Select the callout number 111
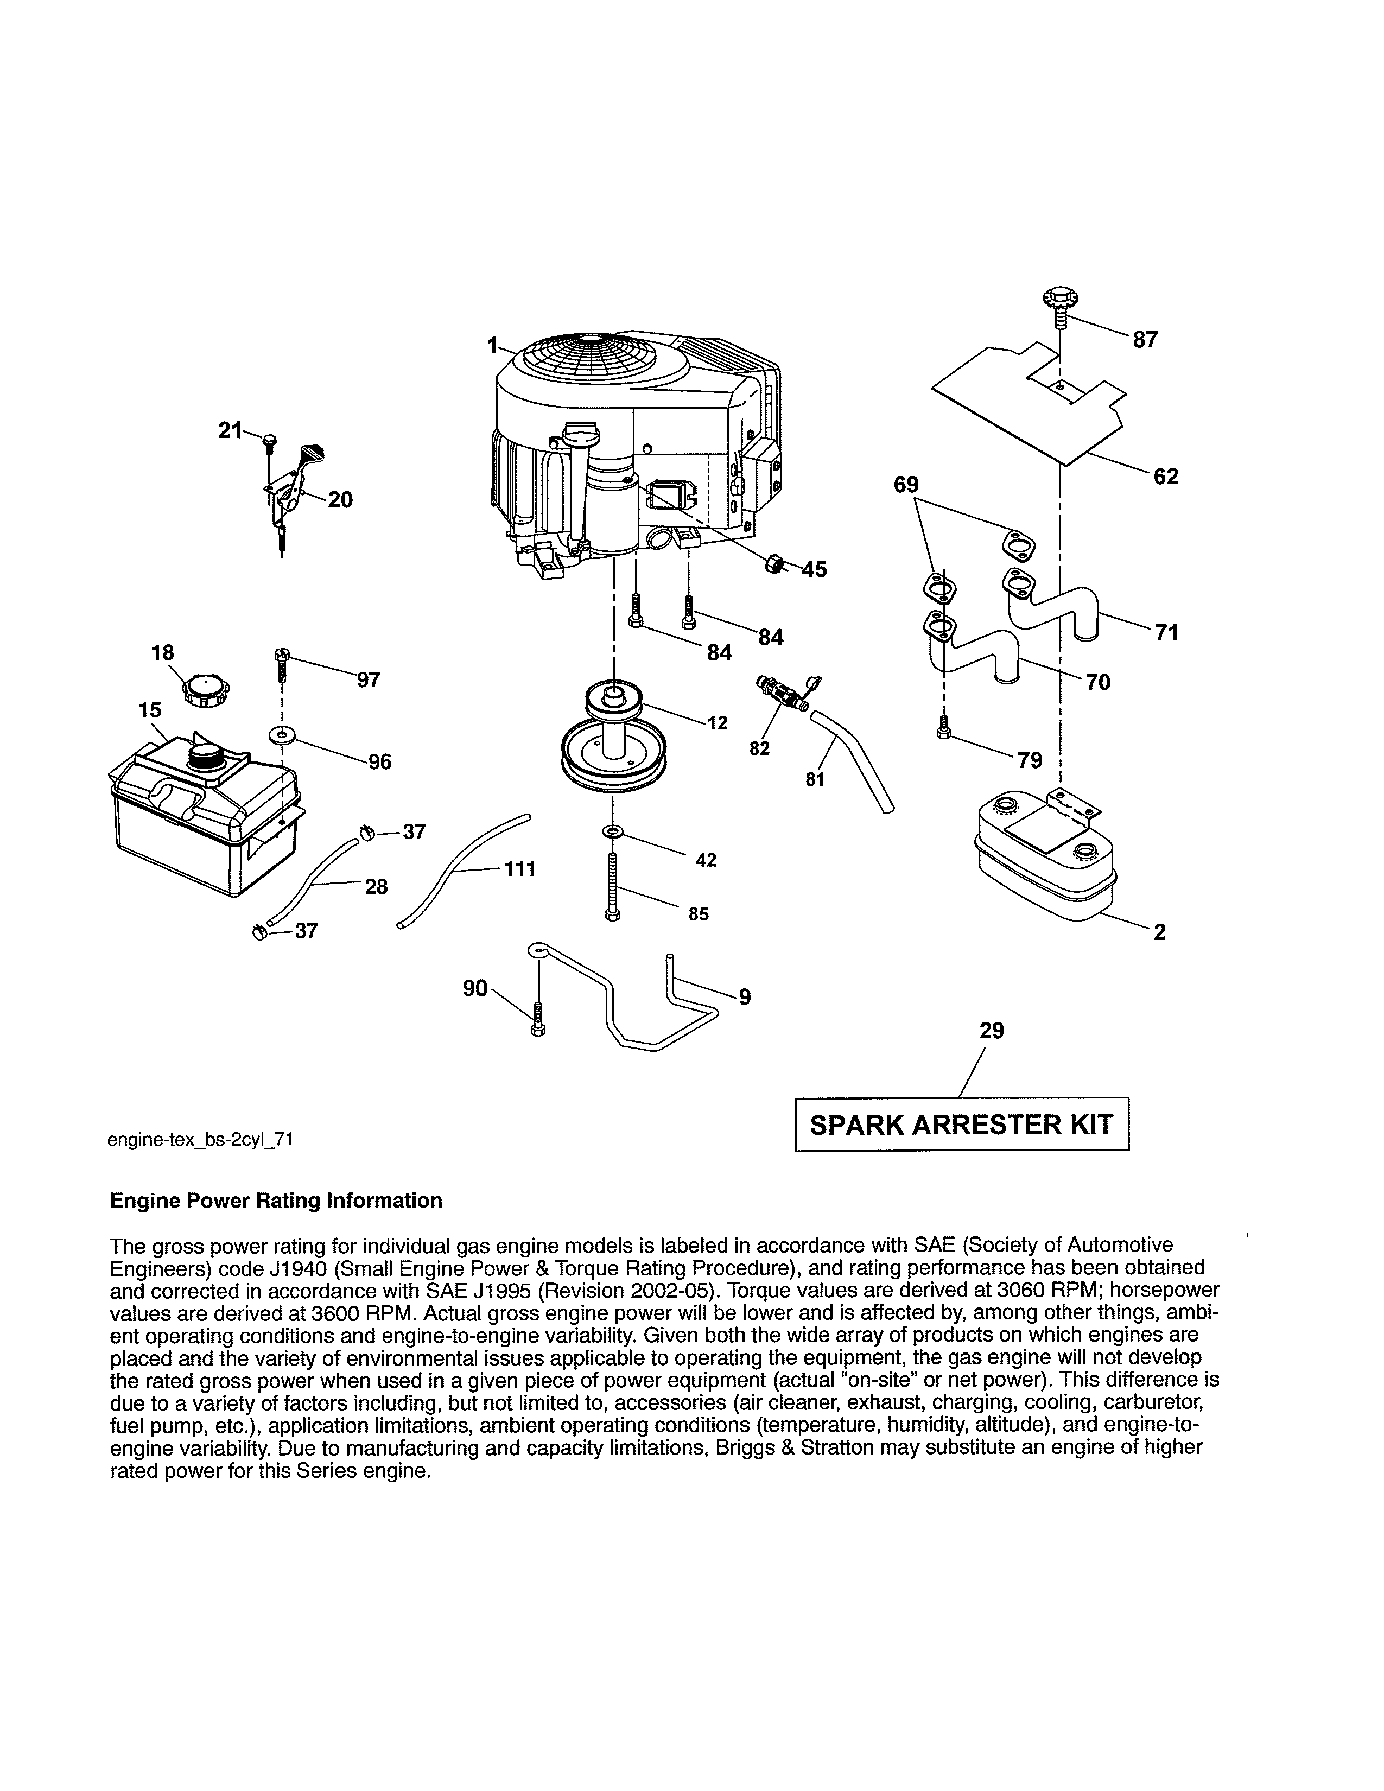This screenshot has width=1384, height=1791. click(520, 868)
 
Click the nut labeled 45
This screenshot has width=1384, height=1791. click(772, 564)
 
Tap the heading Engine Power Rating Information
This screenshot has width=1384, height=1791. click(276, 1201)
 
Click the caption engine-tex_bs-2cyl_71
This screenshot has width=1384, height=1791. click(200, 1139)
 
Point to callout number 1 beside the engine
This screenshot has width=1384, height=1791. click(492, 346)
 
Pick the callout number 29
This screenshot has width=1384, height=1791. click(991, 1031)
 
